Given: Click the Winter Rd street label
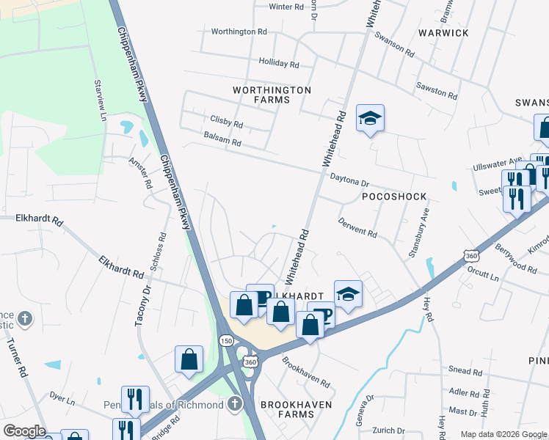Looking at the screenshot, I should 286,7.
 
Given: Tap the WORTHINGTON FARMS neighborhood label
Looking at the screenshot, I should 272,95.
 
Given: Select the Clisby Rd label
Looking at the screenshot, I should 226,122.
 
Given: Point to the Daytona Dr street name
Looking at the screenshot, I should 349,178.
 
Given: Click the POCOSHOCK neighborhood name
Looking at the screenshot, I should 394,197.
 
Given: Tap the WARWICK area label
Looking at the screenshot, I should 443,33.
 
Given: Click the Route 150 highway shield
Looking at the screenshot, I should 226,341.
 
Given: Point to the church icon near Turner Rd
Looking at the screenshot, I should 25,318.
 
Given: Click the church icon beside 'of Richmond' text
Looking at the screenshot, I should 234,403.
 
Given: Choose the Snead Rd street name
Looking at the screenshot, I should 464,371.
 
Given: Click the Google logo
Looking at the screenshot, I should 23,431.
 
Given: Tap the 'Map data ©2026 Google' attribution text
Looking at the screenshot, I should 503,434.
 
